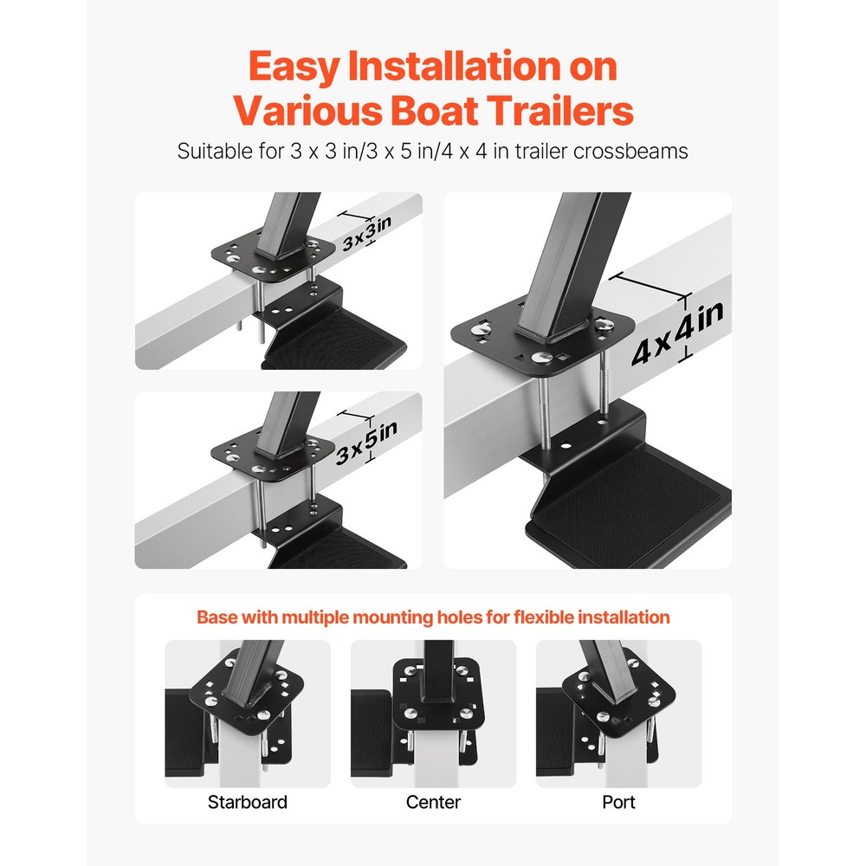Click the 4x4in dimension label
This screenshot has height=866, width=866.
coord(677,334)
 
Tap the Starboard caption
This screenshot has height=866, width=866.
coord(247,802)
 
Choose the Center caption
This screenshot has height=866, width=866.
coord(432,802)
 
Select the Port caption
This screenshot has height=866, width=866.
coord(618,802)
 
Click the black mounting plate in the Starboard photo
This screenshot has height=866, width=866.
coord(251,693)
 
